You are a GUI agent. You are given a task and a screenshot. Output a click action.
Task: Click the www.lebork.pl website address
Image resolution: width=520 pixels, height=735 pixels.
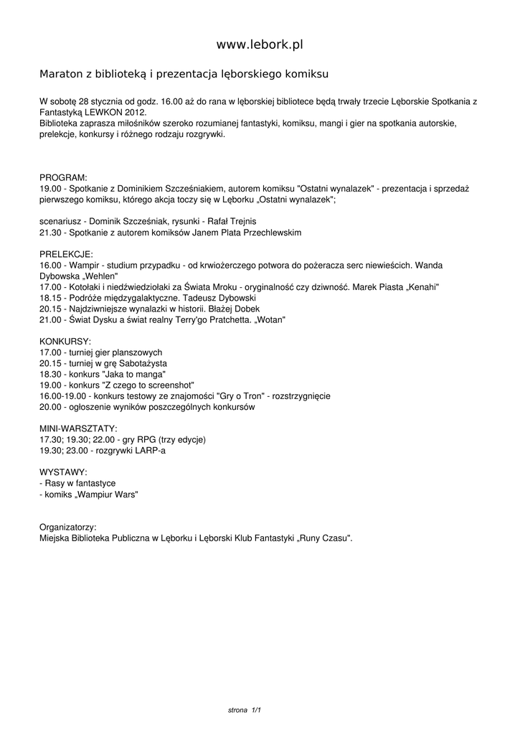[x=260, y=45]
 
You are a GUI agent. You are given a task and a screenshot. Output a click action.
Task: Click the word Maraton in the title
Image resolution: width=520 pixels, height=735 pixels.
[x=60, y=74]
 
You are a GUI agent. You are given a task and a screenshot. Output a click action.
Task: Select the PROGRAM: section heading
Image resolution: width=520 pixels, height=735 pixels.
[x=63, y=177]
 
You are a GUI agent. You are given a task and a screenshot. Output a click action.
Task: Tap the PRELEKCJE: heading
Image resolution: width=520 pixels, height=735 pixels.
[x=66, y=254]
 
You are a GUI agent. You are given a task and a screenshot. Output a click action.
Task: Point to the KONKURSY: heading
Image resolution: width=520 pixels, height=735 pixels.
[x=65, y=340]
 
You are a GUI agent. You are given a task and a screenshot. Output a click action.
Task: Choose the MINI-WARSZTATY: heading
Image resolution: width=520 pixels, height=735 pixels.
[x=78, y=428]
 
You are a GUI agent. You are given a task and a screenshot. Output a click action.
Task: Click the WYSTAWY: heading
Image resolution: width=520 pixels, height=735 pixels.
[x=64, y=472]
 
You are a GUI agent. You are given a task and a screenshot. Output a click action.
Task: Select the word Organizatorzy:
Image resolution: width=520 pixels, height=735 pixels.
[x=68, y=526]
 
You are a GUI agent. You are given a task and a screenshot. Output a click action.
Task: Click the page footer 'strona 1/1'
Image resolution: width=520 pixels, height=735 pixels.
[x=244, y=710]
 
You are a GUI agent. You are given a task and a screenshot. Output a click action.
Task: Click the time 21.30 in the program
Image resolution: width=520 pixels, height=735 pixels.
[x=50, y=233]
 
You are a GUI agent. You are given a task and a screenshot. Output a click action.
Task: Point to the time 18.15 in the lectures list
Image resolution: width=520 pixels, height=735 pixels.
[x=50, y=298]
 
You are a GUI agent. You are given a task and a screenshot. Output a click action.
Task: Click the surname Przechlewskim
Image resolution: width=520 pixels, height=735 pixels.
[x=265, y=233]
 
